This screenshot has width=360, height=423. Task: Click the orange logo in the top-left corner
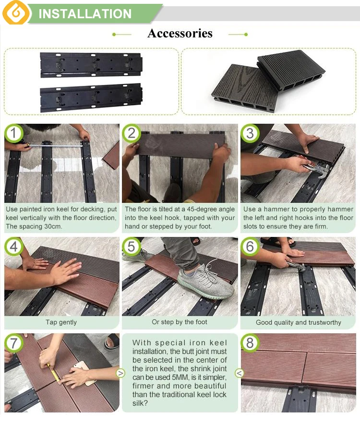click(16, 12)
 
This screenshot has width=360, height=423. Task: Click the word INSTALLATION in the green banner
click(85, 14)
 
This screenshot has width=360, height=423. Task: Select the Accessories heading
click(180, 34)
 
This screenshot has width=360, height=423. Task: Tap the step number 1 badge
click(13, 133)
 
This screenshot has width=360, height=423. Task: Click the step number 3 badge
click(250, 133)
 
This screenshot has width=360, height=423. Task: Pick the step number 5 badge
click(131, 247)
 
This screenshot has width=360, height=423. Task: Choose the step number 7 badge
click(13, 343)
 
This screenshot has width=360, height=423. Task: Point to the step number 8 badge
click(250, 343)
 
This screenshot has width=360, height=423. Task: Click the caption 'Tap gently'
click(61, 322)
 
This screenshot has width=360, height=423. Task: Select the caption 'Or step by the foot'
click(180, 322)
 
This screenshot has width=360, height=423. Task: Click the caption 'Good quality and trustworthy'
click(299, 322)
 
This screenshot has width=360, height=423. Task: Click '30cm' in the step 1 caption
click(53, 226)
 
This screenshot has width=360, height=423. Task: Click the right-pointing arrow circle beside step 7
click(120, 373)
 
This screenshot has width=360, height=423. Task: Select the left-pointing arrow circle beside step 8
click(239, 373)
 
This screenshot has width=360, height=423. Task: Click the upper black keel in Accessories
click(91, 65)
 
